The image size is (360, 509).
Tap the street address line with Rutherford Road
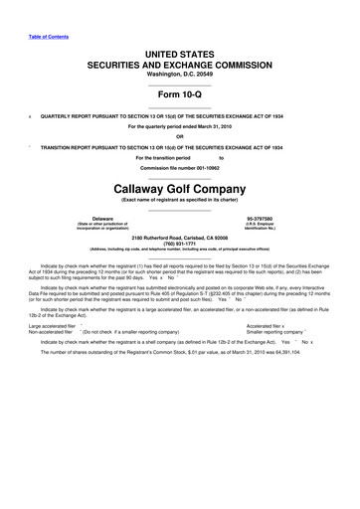click(x=180, y=235)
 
